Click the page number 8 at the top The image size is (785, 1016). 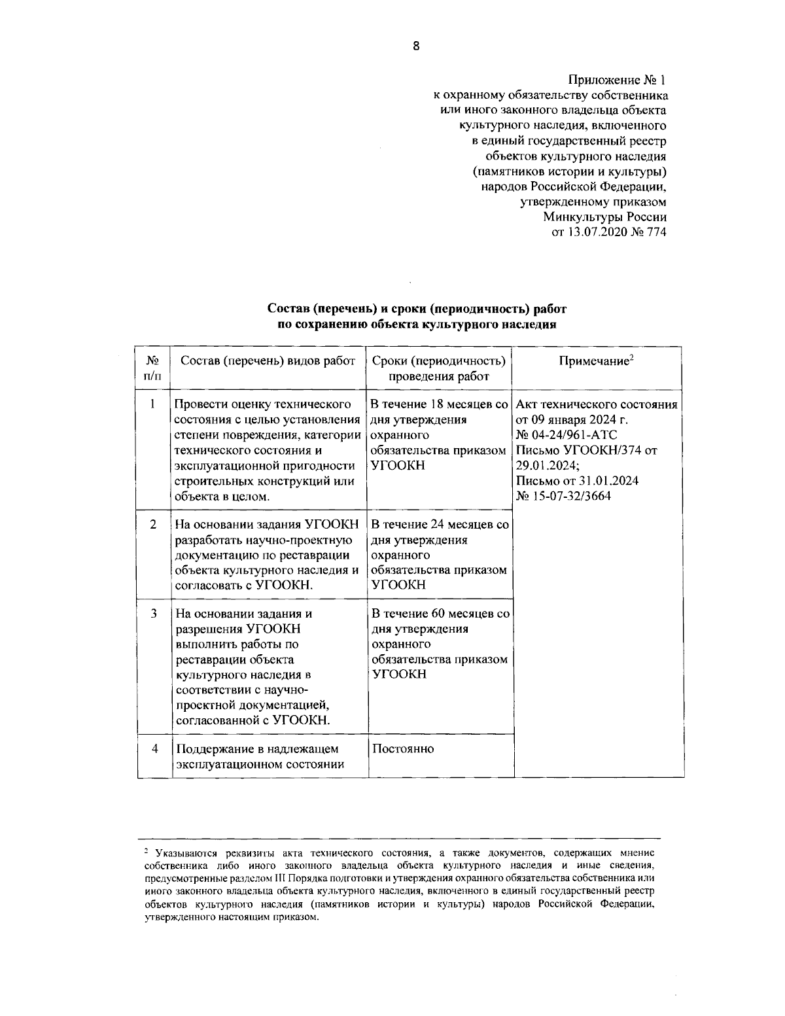pos(416,45)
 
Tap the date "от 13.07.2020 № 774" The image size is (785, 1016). pos(609,232)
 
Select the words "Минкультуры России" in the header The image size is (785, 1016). pos(604,217)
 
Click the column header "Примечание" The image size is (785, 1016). pos(597,361)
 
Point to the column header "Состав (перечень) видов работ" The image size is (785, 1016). pos(268,361)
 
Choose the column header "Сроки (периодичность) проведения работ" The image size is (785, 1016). pos(439,368)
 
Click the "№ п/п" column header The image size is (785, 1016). pos(152,368)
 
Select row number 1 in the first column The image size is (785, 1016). pos(152,404)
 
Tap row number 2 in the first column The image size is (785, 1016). pos(152,525)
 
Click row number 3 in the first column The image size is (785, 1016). pos(152,614)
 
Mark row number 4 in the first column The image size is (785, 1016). pos(154,748)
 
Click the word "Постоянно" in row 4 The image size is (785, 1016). pos(402,748)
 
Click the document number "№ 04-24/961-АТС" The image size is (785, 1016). pos(566,434)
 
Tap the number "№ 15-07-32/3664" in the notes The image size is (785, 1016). pos(563,495)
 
